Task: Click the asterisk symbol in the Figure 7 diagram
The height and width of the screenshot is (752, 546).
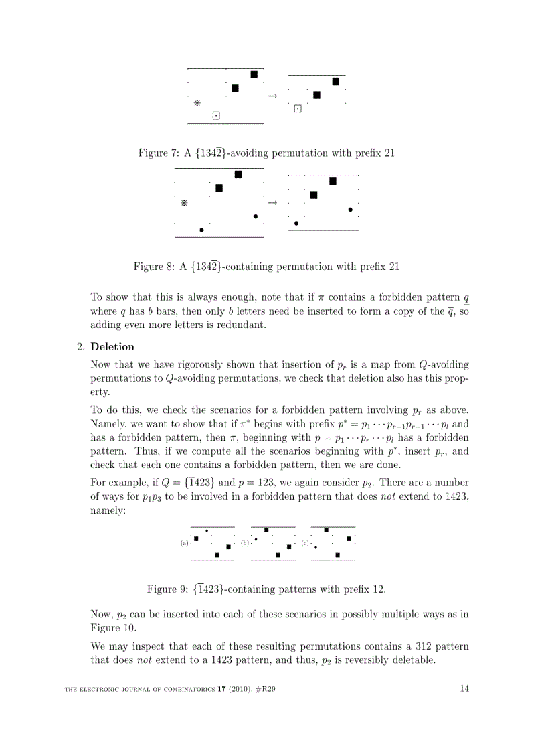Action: click(197, 103)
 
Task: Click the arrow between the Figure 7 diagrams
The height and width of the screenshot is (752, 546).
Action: click(272, 96)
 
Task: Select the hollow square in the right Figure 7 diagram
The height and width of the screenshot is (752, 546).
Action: click(298, 109)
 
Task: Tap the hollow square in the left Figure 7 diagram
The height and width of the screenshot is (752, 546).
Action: click(216, 116)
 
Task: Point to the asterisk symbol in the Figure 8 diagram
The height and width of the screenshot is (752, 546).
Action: click(184, 202)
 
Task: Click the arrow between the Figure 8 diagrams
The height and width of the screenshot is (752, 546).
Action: click(272, 202)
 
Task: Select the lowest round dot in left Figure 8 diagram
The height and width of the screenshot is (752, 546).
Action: click(201, 230)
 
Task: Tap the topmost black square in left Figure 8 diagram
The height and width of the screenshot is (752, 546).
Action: click(238, 174)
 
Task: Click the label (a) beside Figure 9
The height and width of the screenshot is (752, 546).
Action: click(185, 543)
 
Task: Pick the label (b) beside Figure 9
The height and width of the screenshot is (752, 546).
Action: click(245, 543)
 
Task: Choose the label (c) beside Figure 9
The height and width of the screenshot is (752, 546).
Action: click(305, 543)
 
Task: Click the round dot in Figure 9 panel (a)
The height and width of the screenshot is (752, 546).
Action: click(207, 531)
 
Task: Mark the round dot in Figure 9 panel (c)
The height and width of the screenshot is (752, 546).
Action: click(316, 547)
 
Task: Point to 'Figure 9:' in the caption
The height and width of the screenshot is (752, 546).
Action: click(167, 589)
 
